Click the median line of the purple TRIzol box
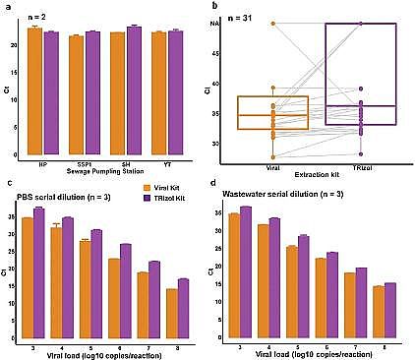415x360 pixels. click(x=362, y=105)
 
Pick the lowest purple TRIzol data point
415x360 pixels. click(x=362, y=153)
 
